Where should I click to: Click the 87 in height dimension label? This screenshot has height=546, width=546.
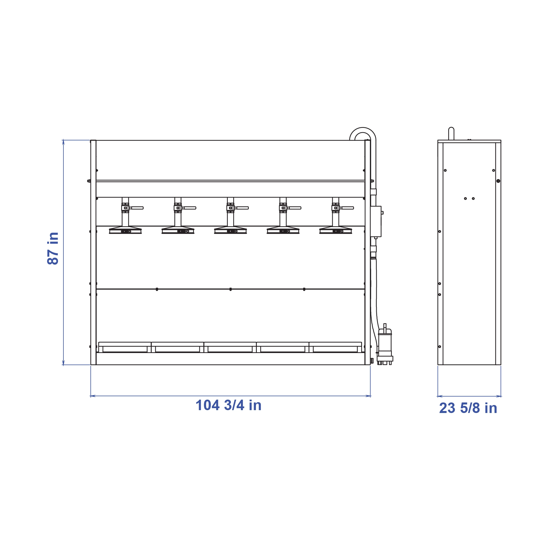[53, 248]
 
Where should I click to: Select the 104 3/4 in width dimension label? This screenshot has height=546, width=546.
[228, 405]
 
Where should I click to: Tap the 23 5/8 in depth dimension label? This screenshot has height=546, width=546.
[468, 408]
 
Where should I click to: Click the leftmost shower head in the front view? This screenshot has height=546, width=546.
[125, 230]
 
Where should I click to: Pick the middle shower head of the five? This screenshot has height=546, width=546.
[230, 230]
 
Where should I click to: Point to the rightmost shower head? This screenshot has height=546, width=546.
[336, 230]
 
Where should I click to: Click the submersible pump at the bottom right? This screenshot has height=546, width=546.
[385, 345]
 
